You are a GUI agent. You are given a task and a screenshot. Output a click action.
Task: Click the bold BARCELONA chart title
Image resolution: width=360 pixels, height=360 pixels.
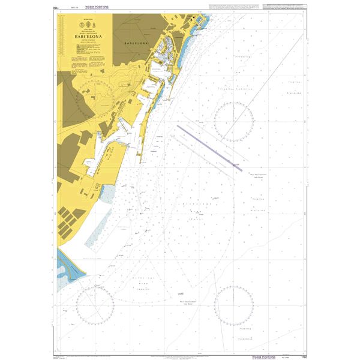89,35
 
